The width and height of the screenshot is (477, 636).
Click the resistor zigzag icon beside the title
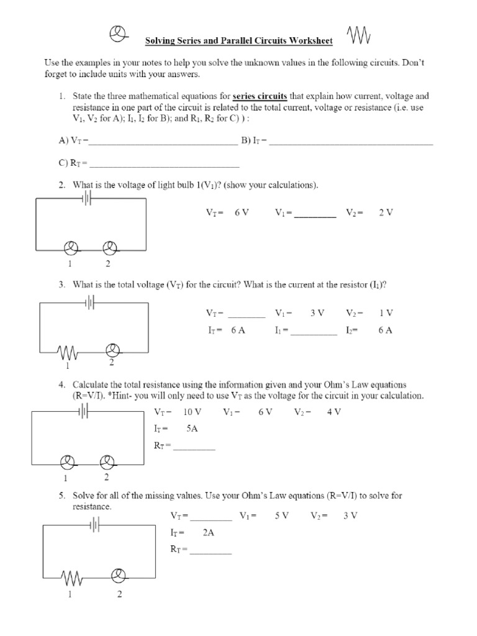pyautogui.click(x=359, y=36)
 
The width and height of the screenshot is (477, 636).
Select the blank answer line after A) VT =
pyautogui.click(x=163, y=142)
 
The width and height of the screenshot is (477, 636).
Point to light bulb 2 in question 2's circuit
pyautogui.click(x=109, y=249)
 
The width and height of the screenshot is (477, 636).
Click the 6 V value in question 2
pyautogui.click(x=242, y=212)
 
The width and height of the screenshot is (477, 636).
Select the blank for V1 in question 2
pyautogui.click(x=315, y=214)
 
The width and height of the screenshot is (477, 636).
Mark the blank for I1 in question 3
pyautogui.click(x=314, y=332)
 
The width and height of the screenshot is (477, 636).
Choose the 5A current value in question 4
pyautogui.click(x=192, y=429)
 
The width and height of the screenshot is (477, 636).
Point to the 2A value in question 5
pyautogui.click(x=208, y=532)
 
